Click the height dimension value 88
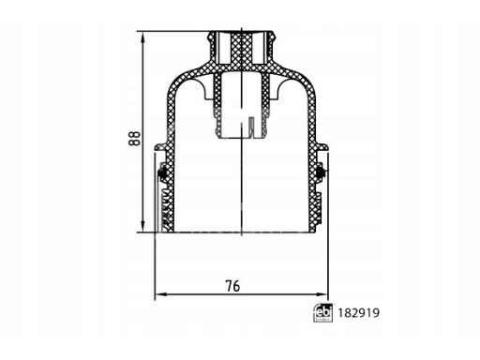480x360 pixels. coord(135,139)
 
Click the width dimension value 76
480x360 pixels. coord(233,286)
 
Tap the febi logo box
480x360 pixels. coord(322,313)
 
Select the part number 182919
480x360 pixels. coord(359,313)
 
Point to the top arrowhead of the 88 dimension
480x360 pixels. coord(142,38)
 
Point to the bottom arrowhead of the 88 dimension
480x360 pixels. coord(142,226)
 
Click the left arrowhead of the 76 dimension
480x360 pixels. coord(161,294)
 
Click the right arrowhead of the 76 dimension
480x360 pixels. coord(322,294)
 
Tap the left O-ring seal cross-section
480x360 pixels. coord(162,172)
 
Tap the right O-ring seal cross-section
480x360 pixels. coord(321,172)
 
